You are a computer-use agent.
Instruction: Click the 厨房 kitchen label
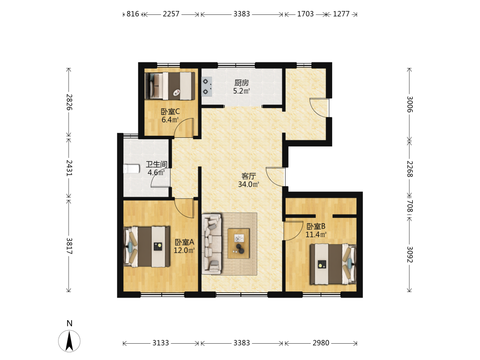(241, 83)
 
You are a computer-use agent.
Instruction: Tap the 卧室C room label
(170, 112)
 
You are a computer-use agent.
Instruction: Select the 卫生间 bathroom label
(156, 164)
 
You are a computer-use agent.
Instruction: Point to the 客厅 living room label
(249, 176)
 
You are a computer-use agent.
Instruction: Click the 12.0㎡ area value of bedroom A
(184, 251)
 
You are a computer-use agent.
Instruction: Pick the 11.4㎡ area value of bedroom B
(316, 235)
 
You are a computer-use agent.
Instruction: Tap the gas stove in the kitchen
(206, 86)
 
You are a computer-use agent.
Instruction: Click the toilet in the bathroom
(132, 168)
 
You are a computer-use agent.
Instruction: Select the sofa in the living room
(212, 244)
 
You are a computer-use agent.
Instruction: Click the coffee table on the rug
(239, 243)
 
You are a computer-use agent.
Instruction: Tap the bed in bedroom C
(169, 86)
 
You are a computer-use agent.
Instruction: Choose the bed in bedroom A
(146, 247)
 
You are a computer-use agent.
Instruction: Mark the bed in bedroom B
(333, 264)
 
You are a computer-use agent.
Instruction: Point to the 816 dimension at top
(133, 14)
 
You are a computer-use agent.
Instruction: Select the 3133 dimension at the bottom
(161, 343)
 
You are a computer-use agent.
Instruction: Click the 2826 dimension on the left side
(70, 102)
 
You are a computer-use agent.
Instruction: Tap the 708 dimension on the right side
(410, 206)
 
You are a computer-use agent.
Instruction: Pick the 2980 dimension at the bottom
(321, 343)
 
